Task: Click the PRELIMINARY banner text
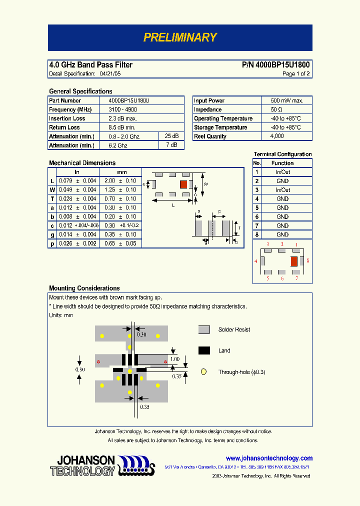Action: tap(180, 37)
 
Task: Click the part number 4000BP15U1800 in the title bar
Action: tap(282, 65)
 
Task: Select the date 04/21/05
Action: tap(110, 73)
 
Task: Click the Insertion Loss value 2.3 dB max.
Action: tap(123, 118)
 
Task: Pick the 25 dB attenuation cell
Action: tap(171, 136)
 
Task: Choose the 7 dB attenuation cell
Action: tap(171, 145)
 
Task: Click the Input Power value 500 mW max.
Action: tap(287, 100)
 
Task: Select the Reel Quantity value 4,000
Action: tap(277, 136)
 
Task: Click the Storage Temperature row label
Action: tap(220, 127)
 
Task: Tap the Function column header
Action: tap(282, 163)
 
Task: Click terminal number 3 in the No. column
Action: tap(257, 190)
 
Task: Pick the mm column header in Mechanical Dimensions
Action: tap(122, 172)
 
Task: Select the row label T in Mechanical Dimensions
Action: tap(52, 199)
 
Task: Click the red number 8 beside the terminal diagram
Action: tap(308, 261)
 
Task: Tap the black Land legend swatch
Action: tap(204, 350)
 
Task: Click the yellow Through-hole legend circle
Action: tap(203, 372)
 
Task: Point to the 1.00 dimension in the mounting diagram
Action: tap(175, 359)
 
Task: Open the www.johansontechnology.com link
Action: tap(269, 458)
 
